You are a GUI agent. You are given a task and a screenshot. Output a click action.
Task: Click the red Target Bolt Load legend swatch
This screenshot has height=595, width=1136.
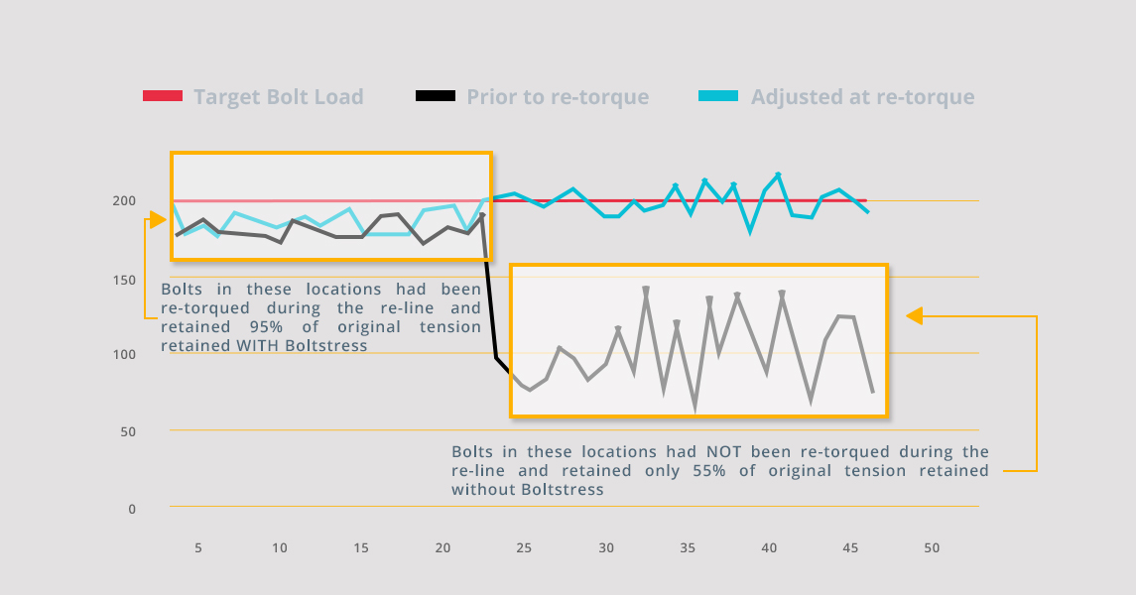(163, 96)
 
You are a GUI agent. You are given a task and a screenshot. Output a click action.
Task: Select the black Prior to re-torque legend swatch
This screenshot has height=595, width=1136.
(435, 96)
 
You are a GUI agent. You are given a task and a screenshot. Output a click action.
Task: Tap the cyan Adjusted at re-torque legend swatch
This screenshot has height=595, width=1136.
(718, 96)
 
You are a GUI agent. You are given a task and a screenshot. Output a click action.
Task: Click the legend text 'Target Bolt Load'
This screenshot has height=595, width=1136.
(279, 97)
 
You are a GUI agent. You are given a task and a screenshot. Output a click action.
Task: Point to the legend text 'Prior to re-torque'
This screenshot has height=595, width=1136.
(558, 97)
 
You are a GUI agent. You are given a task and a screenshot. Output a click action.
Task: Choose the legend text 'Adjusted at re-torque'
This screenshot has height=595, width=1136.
(862, 97)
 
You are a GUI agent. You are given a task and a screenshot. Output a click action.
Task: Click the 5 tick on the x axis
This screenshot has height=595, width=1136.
(198, 547)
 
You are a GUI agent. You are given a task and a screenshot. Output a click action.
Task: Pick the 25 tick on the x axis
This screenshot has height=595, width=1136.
(524, 547)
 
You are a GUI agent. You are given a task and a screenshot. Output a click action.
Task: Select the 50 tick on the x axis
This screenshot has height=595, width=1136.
(931, 547)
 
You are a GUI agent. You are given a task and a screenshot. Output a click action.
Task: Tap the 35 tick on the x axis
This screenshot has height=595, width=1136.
(687, 547)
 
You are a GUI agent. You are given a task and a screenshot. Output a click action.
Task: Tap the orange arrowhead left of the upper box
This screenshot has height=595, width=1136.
(157, 219)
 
